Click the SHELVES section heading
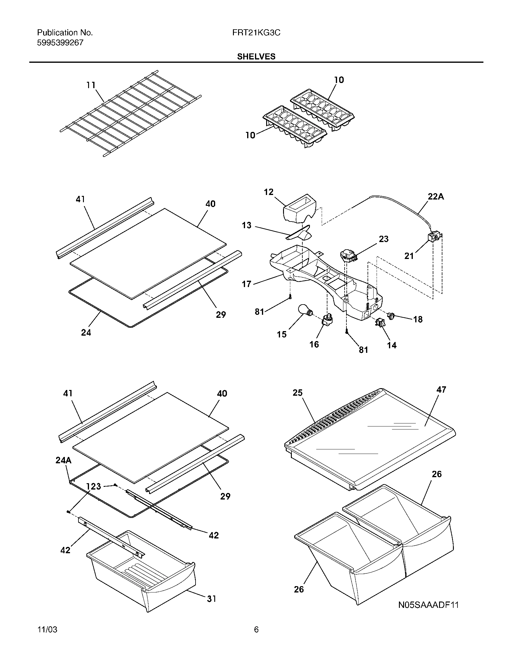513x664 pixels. (256, 56)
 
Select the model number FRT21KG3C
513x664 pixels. (256, 33)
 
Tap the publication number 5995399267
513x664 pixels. (60, 43)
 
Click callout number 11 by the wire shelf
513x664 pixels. (91, 85)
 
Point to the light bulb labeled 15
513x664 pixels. (304, 311)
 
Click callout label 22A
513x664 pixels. (436, 197)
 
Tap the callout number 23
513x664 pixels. (384, 239)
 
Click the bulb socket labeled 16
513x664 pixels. (328, 320)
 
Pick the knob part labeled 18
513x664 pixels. (391, 316)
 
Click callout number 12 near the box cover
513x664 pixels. (269, 192)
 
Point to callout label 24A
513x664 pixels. (63, 460)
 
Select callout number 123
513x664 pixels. (93, 487)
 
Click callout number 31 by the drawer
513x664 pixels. (212, 599)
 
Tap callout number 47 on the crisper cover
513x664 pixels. (441, 389)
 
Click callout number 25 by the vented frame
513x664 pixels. (298, 393)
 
